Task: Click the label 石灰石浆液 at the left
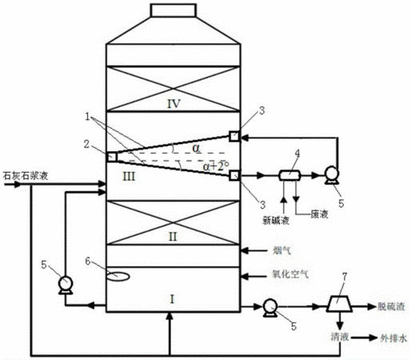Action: (x=26, y=176)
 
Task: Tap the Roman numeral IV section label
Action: (x=173, y=103)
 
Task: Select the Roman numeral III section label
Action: (x=129, y=177)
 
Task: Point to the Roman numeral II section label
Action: (x=173, y=237)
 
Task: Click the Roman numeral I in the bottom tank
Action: (x=172, y=299)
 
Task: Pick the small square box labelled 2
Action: (x=112, y=157)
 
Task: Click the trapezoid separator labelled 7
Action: (x=339, y=303)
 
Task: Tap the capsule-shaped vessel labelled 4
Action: (x=289, y=175)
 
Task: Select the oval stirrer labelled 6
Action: (x=118, y=276)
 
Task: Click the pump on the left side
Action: (x=66, y=285)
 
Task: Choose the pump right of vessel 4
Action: (x=332, y=175)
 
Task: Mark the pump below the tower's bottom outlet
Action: (x=270, y=308)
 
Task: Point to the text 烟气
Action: (x=281, y=250)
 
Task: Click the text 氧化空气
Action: (x=290, y=274)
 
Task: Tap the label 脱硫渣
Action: (x=392, y=306)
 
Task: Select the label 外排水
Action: (x=394, y=338)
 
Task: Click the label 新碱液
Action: (x=276, y=220)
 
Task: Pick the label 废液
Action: (x=320, y=214)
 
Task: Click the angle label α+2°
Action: (x=216, y=166)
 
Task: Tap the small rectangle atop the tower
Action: (x=173, y=10)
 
